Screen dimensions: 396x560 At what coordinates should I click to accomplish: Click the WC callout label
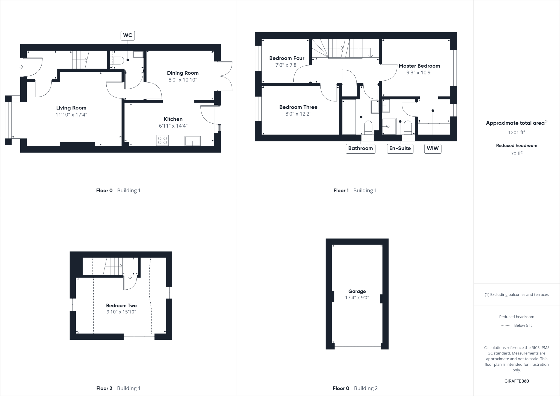click(x=128, y=35)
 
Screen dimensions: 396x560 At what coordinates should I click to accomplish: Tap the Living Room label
click(x=71, y=108)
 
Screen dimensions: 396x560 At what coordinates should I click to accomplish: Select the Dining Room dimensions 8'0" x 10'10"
click(x=183, y=80)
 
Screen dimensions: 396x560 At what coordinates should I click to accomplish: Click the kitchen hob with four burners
click(x=162, y=141)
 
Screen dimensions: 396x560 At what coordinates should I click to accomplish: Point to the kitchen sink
click(x=192, y=141)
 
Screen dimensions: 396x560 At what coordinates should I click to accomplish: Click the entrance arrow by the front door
click(x=21, y=67)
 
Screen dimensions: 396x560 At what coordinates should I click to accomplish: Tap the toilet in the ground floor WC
click(x=118, y=60)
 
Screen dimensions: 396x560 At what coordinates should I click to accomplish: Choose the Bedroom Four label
click(x=287, y=58)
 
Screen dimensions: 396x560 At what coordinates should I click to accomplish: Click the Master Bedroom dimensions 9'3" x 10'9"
click(x=419, y=73)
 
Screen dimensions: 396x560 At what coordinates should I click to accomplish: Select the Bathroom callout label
click(x=360, y=148)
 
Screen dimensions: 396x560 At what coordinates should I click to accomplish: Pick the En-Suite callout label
click(x=400, y=148)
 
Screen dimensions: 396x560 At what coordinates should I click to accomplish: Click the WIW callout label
click(x=433, y=148)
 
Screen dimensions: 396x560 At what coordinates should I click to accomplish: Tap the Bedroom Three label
click(x=298, y=107)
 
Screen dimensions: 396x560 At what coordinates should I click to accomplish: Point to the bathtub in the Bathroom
click(x=349, y=117)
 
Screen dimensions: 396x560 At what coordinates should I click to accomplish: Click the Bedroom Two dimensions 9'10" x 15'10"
click(x=121, y=312)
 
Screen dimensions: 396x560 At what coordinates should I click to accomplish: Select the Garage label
click(x=357, y=292)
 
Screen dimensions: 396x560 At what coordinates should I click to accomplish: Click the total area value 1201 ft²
click(x=517, y=133)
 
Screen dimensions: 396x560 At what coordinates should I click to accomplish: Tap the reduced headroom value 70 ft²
click(x=517, y=154)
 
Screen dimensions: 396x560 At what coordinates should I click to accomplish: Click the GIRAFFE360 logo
click(x=517, y=381)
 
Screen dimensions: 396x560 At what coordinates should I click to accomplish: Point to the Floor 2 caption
click(x=104, y=388)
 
